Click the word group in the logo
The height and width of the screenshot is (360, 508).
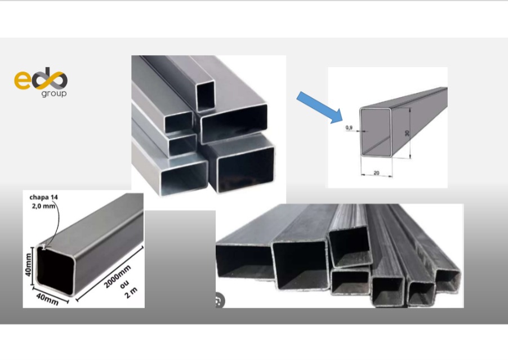pos(54,94)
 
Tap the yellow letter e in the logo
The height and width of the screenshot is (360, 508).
pos(22,80)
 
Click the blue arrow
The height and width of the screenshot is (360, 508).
pos(320,107)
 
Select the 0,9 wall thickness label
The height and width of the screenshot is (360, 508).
pos(349,128)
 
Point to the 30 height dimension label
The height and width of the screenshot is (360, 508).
pos(407,133)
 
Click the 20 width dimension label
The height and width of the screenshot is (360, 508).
pos(376,173)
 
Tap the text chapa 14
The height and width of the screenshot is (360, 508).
pos(44,197)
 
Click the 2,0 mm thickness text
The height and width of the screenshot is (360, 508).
pos(43,206)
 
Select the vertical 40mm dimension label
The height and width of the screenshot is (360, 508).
pos(28,265)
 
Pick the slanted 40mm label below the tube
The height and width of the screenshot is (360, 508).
pos(47,299)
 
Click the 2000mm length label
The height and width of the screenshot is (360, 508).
pos(117,276)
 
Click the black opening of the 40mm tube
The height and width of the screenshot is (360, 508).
pos(55,270)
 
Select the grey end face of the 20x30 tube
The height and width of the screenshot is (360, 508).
pos(376,132)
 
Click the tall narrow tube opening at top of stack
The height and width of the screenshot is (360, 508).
pos(206,96)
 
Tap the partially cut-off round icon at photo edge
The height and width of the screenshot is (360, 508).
pos(220,301)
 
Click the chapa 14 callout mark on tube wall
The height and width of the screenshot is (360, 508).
pos(44,247)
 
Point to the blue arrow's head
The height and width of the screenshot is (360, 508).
pos(336,115)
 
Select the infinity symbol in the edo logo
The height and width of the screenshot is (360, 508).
pos(50,78)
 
